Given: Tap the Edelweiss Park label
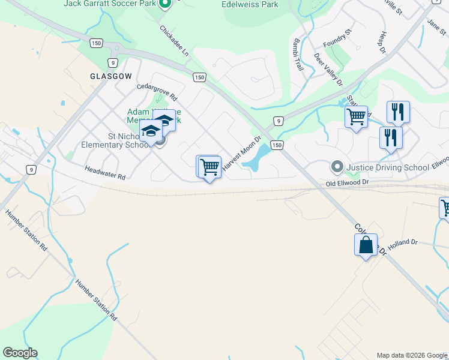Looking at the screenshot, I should [x=250, y=4].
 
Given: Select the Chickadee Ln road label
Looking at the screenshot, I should [x=174, y=41].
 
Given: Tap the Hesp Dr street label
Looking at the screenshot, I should [x=381, y=41].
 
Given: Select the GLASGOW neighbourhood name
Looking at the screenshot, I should [x=110, y=77].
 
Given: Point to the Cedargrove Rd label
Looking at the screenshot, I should [x=157, y=92].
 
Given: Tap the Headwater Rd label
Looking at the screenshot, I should [x=104, y=173].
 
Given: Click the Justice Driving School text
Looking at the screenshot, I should [x=387, y=167].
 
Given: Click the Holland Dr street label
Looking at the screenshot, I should [x=402, y=244].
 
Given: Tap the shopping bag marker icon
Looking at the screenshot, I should [x=366, y=245].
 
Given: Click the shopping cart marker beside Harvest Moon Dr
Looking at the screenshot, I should [x=209, y=167].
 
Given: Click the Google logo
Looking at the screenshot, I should [x=20, y=353].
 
